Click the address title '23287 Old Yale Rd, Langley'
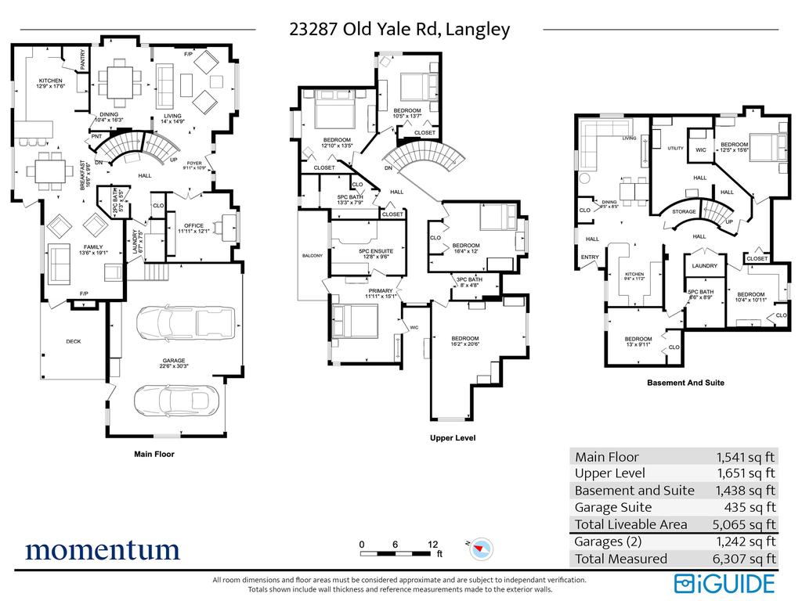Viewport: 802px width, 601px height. tap(399, 30)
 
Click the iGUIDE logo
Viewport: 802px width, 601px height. tap(724, 583)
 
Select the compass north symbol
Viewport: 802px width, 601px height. tap(479, 549)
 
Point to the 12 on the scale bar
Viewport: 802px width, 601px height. tap(432, 544)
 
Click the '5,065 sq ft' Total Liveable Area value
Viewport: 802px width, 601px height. tap(746, 524)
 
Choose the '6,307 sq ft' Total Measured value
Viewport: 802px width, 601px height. tap(746, 559)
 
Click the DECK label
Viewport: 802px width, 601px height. tap(74, 341)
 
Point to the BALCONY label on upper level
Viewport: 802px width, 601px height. tap(312, 256)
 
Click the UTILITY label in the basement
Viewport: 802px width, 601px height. tap(676, 148)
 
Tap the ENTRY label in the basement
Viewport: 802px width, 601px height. tap(588, 257)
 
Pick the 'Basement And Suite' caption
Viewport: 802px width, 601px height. tap(685, 383)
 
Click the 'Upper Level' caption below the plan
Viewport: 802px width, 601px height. tap(453, 438)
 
